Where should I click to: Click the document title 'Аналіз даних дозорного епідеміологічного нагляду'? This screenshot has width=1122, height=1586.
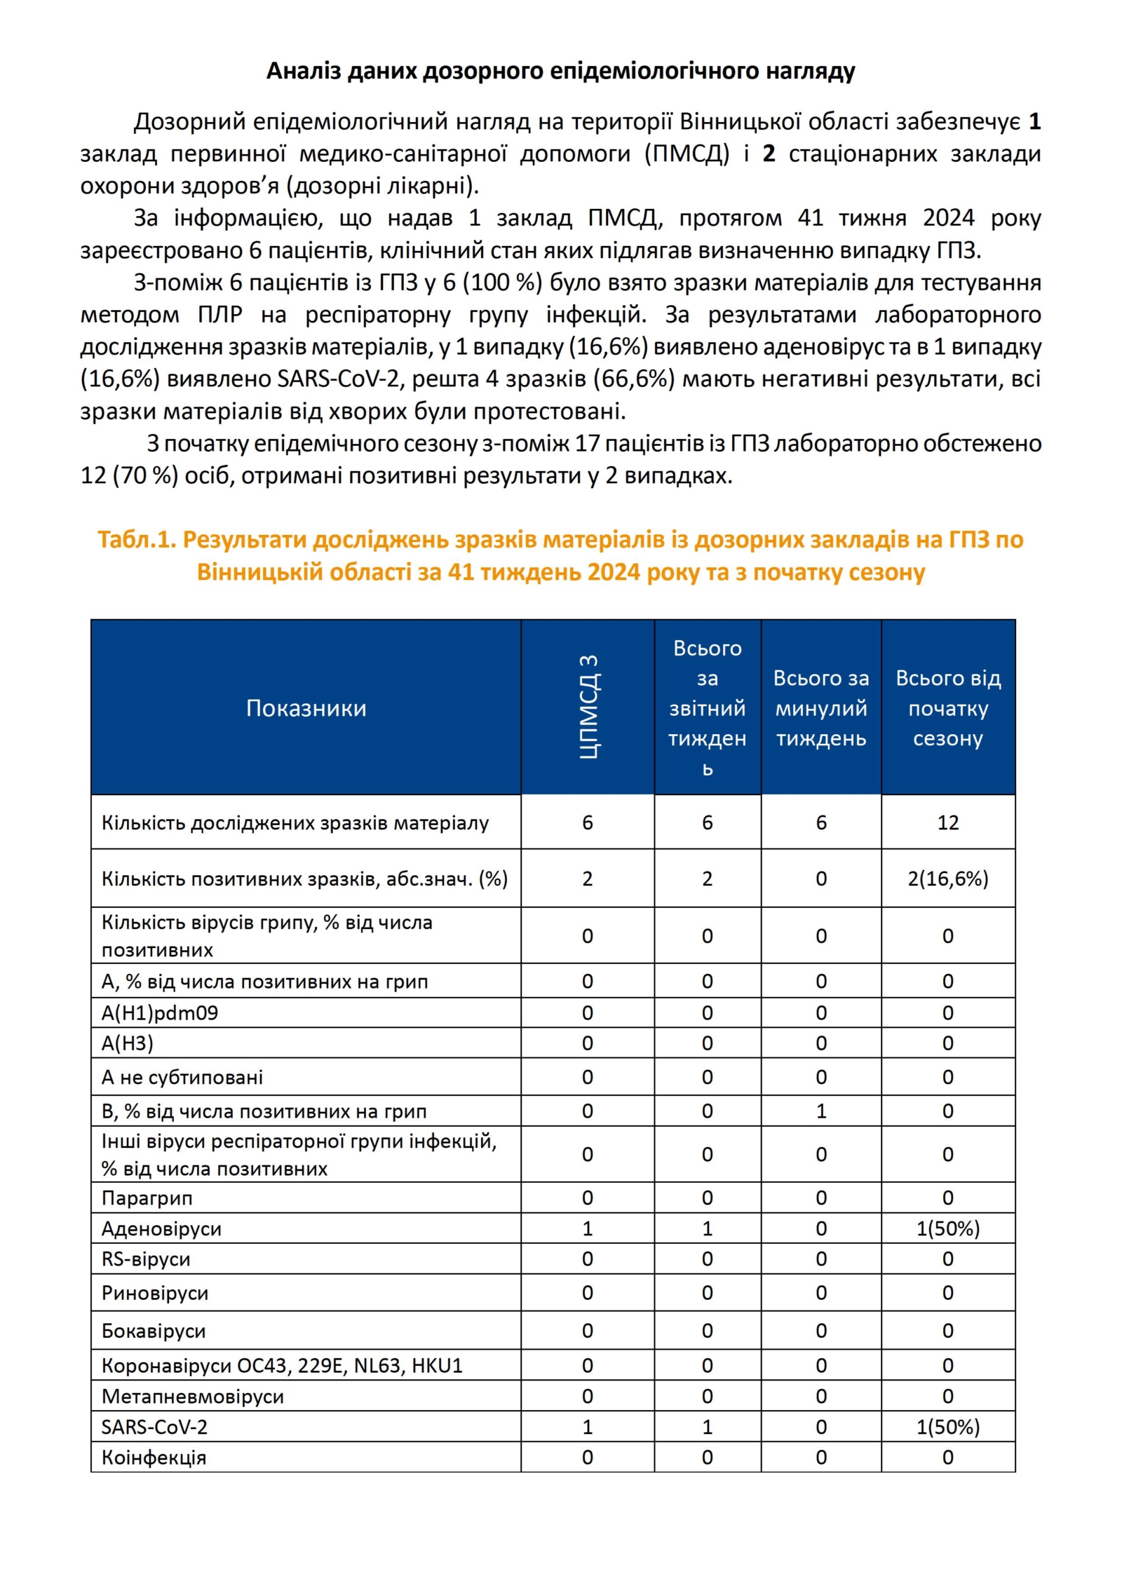click(x=560, y=71)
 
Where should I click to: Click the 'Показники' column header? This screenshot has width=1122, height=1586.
click(x=306, y=708)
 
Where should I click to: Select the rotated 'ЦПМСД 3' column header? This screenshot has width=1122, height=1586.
click(x=588, y=707)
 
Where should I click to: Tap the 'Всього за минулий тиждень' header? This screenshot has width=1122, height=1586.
click(x=820, y=708)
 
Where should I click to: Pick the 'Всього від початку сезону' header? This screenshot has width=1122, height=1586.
click(x=947, y=708)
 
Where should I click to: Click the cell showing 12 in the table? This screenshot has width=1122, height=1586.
click(x=947, y=822)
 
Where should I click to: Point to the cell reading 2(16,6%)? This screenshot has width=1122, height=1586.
click(x=947, y=879)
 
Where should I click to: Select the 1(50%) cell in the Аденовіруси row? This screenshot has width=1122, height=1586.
click(x=947, y=1228)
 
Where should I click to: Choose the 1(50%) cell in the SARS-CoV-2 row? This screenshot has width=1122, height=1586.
click(x=947, y=1427)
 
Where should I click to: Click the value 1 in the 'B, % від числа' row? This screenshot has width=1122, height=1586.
click(x=820, y=1111)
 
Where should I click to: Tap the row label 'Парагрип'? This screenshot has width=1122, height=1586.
click(x=147, y=1198)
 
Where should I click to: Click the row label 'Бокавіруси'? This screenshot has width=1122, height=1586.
click(x=154, y=1331)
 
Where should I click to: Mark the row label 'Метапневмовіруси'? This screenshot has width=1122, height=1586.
click(x=193, y=1397)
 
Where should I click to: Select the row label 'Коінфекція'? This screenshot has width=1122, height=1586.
click(x=154, y=1458)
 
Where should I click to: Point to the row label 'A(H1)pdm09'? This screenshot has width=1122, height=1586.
click(x=160, y=1013)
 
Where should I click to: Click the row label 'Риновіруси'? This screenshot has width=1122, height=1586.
click(x=155, y=1293)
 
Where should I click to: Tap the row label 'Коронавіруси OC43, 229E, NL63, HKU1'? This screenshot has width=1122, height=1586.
click(x=282, y=1366)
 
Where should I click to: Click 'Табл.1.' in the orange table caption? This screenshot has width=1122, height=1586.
click(x=137, y=539)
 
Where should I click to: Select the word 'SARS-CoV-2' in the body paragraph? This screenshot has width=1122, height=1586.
click(x=338, y=379)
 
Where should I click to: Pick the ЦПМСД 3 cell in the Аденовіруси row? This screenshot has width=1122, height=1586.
click(x=588, y=1228)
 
